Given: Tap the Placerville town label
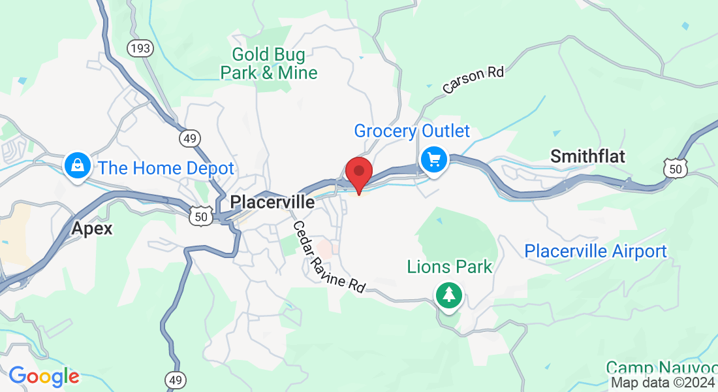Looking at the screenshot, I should [272, 203].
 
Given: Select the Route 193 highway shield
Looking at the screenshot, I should [140, 48].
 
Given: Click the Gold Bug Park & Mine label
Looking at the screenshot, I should [269, 63].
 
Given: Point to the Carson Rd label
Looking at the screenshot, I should [473, 80].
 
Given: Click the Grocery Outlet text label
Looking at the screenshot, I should [412, 131].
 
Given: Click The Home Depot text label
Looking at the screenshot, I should [166, 168].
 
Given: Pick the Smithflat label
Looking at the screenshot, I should [587, 156].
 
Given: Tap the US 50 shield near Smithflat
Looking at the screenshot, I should [675, 168].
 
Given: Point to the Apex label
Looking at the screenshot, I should [91, 229].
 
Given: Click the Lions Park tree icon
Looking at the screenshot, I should [449, 295].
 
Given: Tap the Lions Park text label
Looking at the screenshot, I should [450, 267].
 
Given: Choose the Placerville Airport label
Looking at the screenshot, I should [595, 251].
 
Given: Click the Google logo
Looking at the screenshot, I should [44, 376].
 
